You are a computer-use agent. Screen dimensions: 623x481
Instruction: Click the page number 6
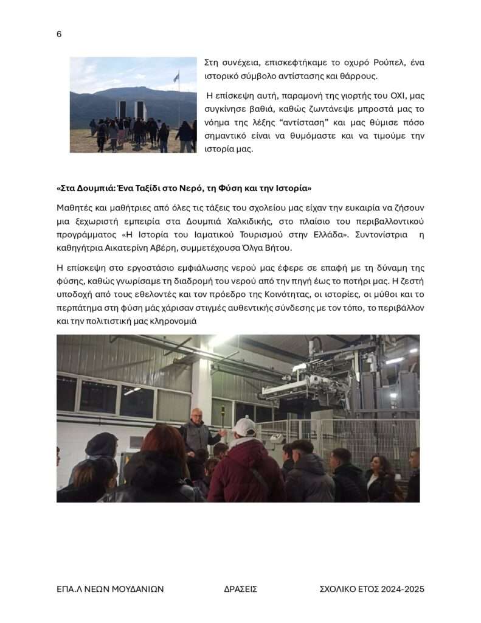point(59,34)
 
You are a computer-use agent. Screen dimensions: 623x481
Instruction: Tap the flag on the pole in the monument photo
point(176,77)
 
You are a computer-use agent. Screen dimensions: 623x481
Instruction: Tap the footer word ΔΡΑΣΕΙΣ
point(241,589)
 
